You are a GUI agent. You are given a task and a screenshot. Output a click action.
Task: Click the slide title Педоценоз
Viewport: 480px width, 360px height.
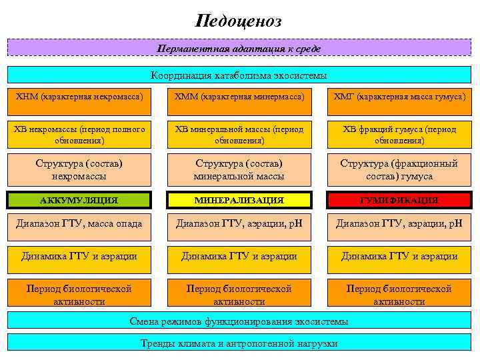pos(239,21)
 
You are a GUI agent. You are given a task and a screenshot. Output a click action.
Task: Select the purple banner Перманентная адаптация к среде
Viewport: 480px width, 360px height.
pos(239,49)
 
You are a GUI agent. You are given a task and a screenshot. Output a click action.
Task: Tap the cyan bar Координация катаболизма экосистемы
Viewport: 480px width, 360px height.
pos(239,75)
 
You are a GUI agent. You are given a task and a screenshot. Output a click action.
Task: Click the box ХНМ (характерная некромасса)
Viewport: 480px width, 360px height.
pos(79,97)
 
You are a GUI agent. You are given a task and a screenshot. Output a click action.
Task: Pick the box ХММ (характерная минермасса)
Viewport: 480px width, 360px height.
pos(239,97)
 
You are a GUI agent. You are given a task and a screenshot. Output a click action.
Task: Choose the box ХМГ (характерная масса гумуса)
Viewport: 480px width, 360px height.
pos(399,97)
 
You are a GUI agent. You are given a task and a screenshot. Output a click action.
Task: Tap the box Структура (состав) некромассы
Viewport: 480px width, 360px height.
pos(79,169)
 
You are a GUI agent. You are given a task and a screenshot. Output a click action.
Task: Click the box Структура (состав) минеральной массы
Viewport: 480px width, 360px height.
pos(239,169)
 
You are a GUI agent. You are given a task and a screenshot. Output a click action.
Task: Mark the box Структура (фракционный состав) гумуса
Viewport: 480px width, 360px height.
pos(399,169)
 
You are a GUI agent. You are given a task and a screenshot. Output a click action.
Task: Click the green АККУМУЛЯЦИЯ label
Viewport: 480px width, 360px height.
pos(79,200)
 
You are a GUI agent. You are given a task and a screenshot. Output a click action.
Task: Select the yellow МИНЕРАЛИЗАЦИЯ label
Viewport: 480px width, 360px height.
pos(239,200)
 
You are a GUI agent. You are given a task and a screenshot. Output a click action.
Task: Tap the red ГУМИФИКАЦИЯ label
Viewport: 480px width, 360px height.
pos(399,200)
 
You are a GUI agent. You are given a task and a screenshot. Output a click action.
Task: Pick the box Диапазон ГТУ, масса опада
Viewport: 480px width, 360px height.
pos(79,224)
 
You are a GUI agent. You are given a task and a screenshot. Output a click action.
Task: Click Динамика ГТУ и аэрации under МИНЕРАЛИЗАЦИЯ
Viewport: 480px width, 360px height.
pos(239,256)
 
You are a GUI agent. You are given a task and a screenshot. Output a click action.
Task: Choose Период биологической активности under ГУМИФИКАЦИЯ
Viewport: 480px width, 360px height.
pos(399,295)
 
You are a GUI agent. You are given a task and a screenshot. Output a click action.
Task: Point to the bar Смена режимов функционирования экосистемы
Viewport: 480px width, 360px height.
pos(239,321)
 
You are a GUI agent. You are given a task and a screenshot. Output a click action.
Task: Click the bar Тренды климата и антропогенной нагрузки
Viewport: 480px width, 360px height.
pos(239,343)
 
